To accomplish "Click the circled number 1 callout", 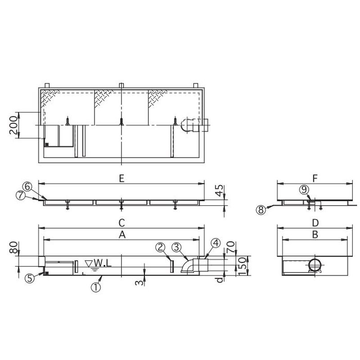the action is coord(96,287).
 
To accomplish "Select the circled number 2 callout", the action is coord(161,247).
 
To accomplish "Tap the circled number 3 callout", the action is coord(176,247).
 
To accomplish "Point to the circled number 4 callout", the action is coord(216,243).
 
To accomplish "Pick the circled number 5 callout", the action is coord(30,278).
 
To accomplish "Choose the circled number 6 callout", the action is coord(27,186).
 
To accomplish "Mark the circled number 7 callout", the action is coord(21,196).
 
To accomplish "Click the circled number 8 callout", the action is coord(261,210).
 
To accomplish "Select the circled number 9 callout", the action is coord(304,189).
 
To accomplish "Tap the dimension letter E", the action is coord(121,179).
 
